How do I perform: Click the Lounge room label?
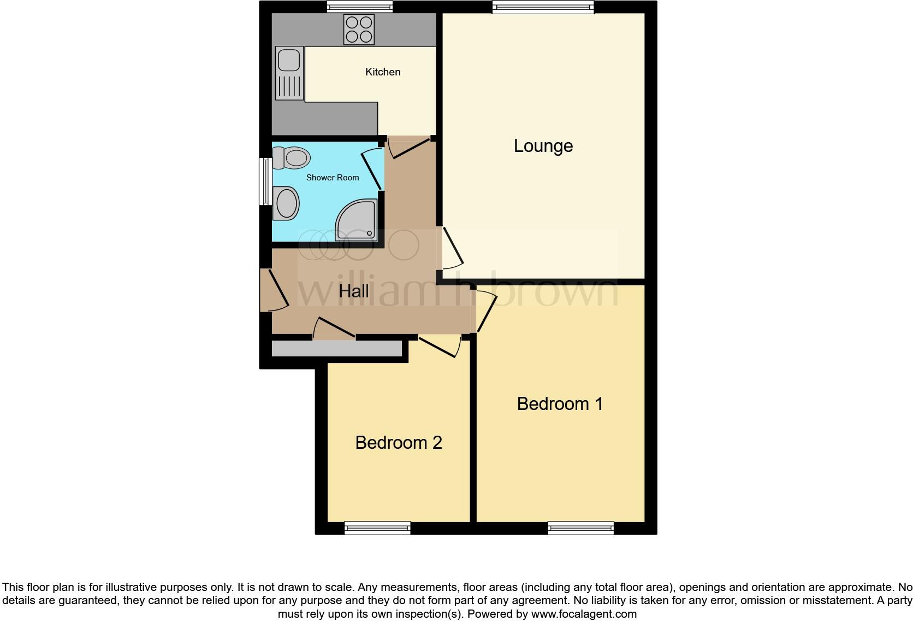point(543,146)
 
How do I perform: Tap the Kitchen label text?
point(383,72)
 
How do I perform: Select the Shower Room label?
point(332,178)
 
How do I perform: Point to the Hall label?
point(353,291)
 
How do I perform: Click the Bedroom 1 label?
point(560,404)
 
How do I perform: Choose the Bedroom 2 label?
point(398,442)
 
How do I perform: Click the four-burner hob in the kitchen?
point(359,29)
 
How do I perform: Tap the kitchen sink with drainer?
point(289,73)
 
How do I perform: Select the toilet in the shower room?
point(292,157)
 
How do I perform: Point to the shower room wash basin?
point(286,203)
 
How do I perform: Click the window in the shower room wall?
point(265,181)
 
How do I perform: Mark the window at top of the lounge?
point(543,7)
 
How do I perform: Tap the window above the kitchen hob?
point(360,7)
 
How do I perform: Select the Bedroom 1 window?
point(581,528)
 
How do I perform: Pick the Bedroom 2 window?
point(377,528)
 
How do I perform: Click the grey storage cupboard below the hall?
point(337,349)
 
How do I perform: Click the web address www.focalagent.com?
point(584,614)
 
